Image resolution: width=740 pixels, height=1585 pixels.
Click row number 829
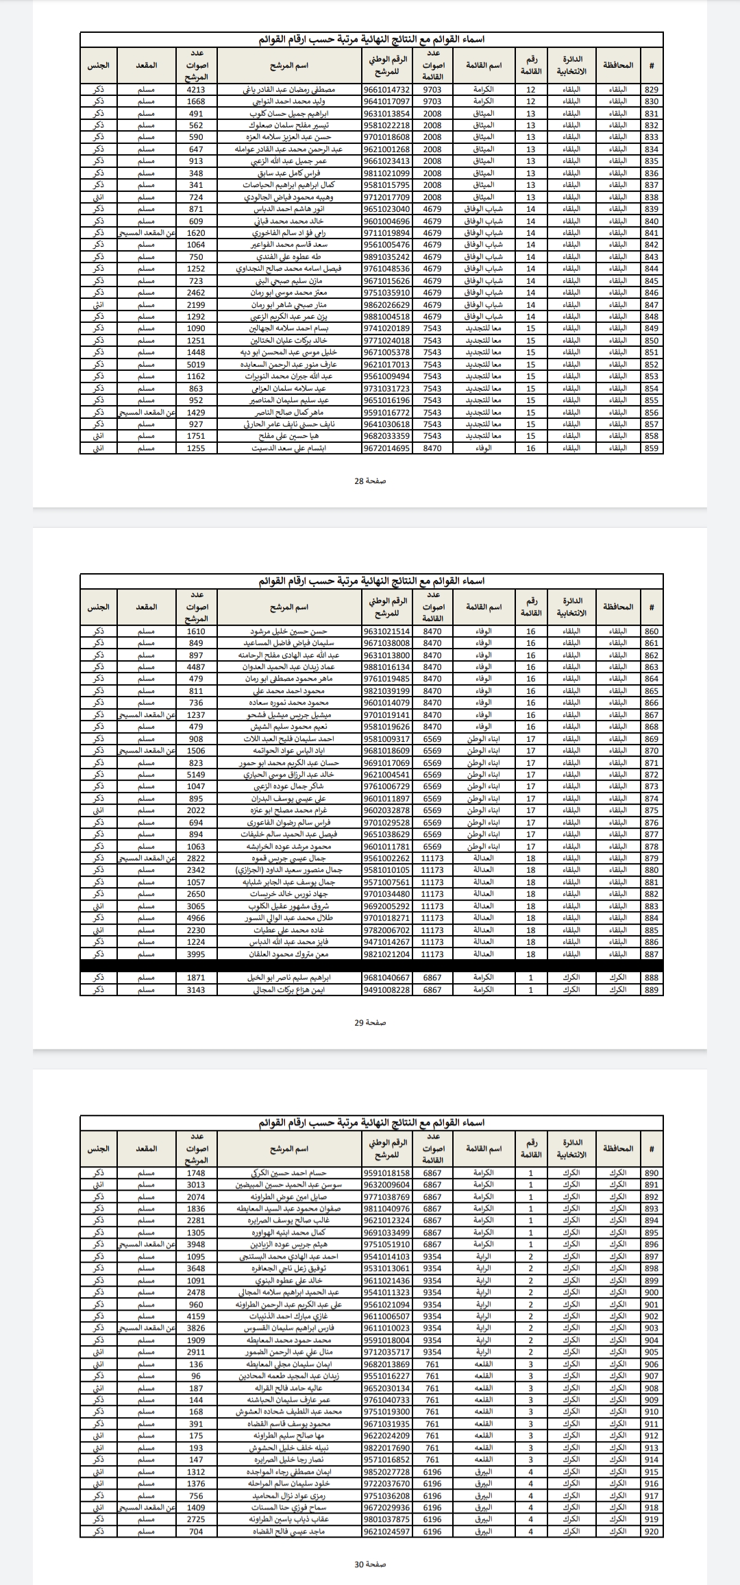[652, 90]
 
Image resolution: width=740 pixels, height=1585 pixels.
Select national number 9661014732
[387, 90]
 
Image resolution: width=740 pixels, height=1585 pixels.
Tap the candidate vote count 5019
[196, 365]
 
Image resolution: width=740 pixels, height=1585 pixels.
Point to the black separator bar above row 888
[371, 965]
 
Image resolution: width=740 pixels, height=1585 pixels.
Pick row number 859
[652, 448]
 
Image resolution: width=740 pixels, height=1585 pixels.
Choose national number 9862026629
[387, 305]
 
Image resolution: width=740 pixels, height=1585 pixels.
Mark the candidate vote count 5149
[196, 775]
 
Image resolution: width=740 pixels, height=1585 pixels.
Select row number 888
[652, 978]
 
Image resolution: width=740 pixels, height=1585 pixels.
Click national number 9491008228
[387, 990]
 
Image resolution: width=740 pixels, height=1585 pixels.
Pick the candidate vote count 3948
[196, 1244]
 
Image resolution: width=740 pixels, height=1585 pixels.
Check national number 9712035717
[387, 1352]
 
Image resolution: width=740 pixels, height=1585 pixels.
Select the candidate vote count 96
[196, 1376]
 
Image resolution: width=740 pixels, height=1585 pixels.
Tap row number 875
[652, 810]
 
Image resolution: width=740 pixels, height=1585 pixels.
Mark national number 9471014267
[387, 942]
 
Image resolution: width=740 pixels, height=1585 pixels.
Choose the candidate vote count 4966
[196, 918]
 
